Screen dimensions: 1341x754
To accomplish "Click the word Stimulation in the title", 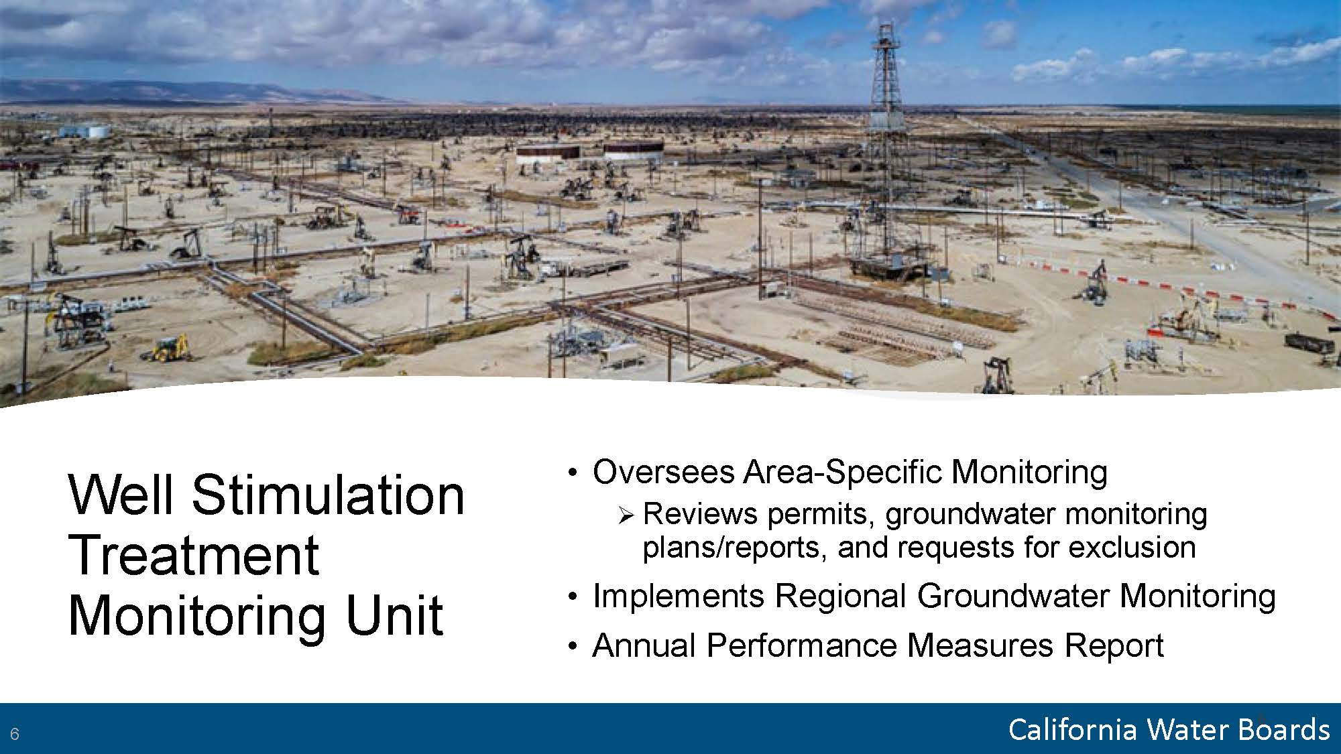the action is click(x=328, y=495).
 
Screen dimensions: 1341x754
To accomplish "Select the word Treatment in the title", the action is click(x=194, y=555).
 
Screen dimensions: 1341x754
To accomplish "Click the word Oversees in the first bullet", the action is click(x=663, y=472).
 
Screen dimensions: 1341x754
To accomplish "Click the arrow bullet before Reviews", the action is click(x=627, y=515).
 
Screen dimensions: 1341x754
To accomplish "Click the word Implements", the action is click(x=679, y=596).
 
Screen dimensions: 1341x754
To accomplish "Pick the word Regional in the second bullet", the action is click(x=840, y=596).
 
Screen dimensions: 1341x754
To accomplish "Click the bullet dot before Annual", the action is click(x=572, y=646).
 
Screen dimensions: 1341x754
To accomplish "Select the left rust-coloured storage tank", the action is click(x=548, y=153).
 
